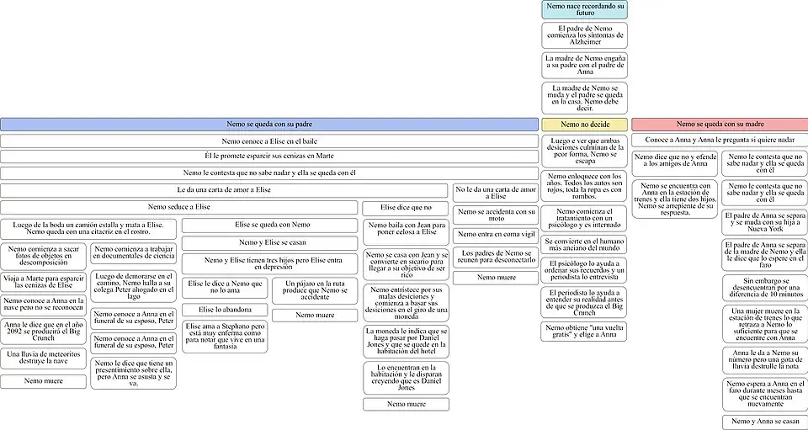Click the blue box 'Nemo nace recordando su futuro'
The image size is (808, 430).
585,10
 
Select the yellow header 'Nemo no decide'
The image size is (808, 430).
584,125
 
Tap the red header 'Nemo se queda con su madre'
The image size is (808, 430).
720,125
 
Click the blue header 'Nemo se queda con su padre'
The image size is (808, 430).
268,125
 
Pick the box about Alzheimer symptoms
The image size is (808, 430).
585,35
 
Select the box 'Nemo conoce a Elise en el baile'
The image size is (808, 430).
268,141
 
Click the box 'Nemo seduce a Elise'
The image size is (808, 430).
179,207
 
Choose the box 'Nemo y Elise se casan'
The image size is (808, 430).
259,242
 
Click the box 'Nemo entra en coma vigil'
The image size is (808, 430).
494,234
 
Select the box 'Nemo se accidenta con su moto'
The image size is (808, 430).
494,215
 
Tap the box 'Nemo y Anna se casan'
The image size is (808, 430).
764,421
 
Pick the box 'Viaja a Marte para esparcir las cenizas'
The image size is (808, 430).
43,281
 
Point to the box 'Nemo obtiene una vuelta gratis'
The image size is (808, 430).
585,331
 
